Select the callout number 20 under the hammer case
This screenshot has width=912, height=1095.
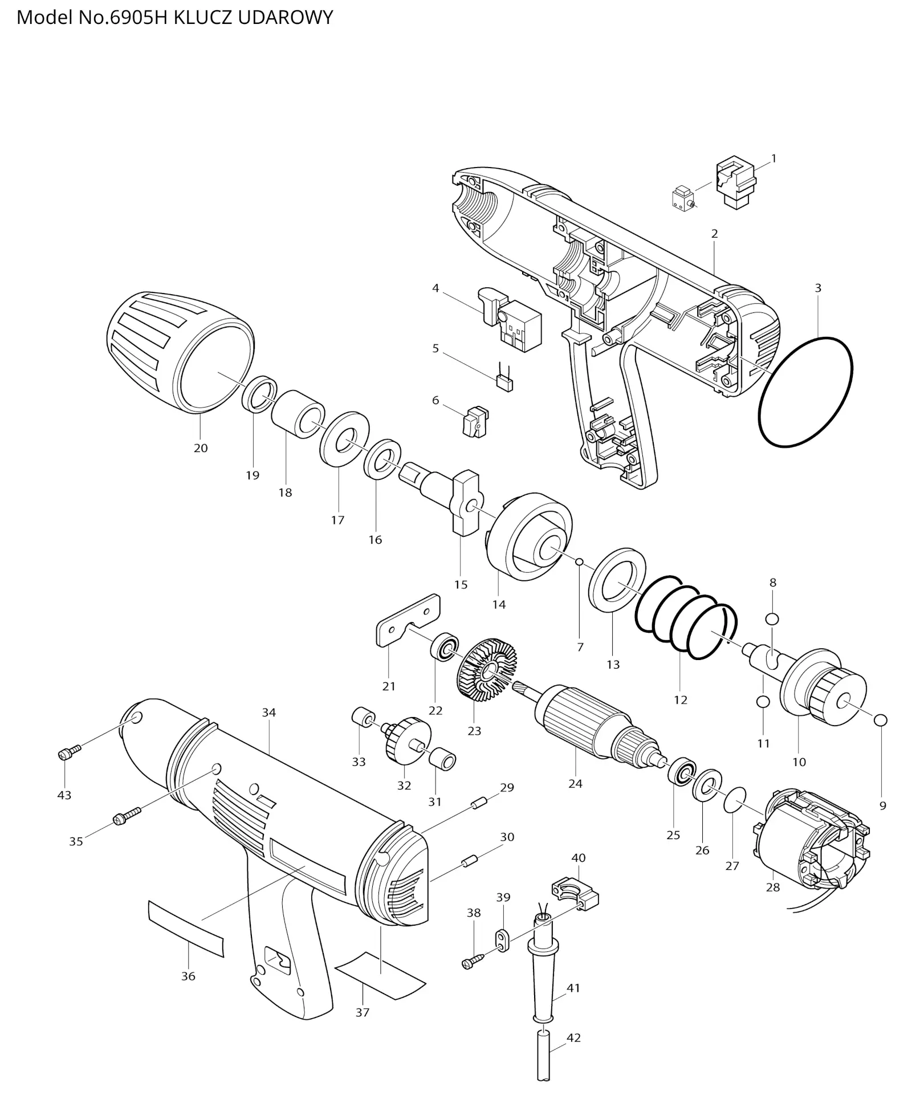click(201, 448)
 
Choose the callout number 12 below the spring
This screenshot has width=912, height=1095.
click(681, 700)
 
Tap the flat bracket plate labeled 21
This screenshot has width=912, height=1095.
click(409, 620)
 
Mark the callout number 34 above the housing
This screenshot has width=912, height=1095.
click(269, 713)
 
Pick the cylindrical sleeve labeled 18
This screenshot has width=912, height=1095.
click(298, 414)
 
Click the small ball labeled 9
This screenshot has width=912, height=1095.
click(880, 720)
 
